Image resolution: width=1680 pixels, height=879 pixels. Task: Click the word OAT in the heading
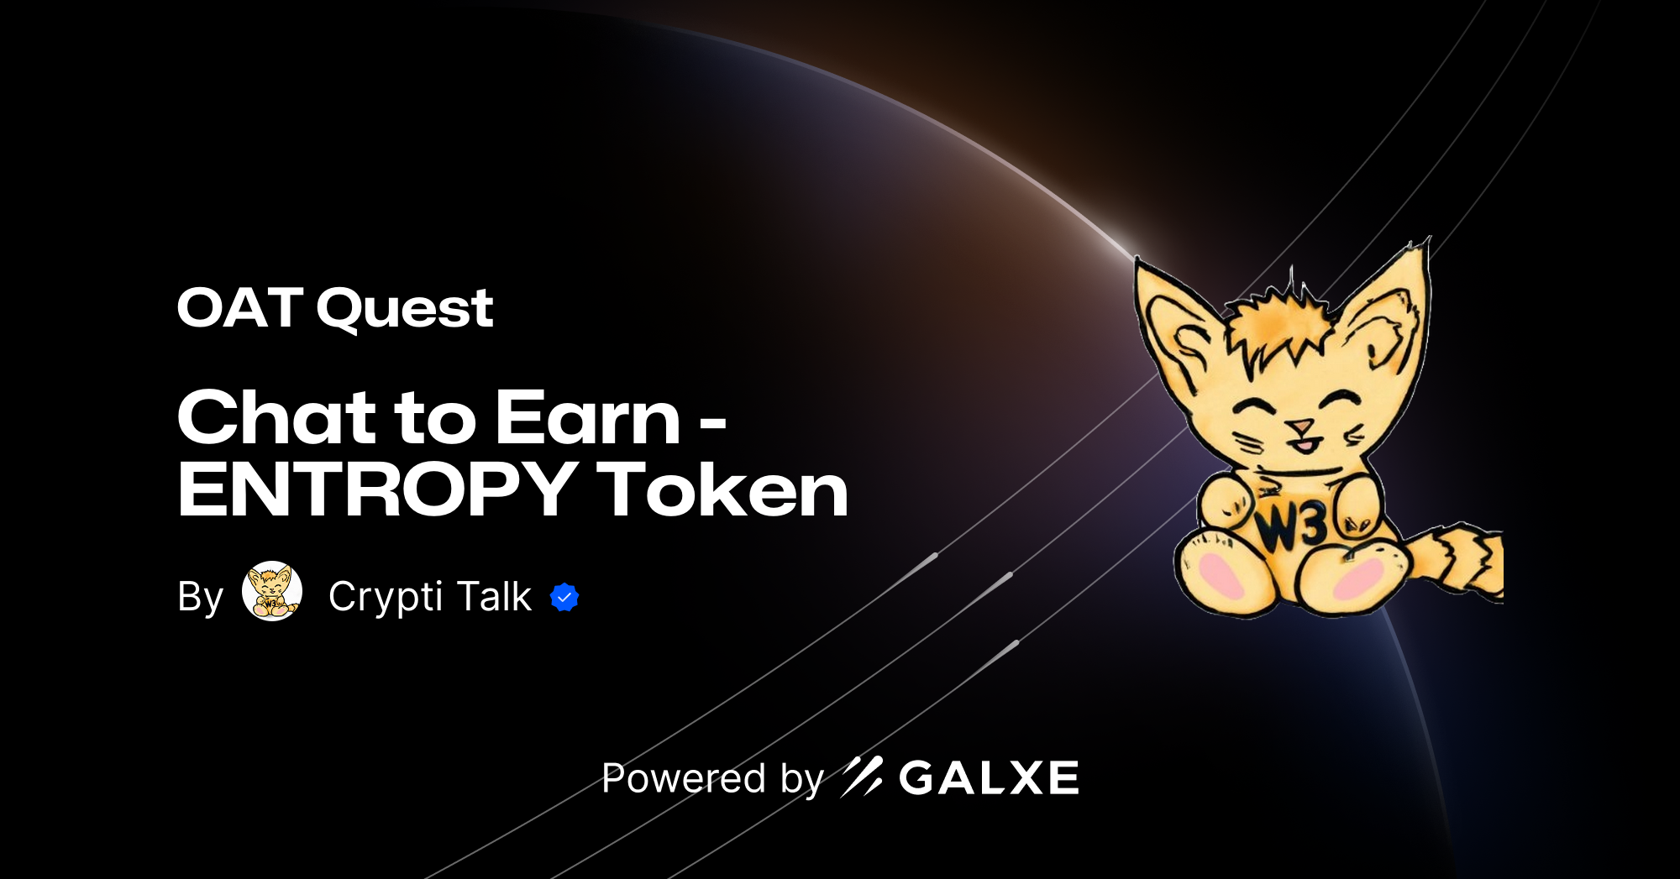[x=239, y=308]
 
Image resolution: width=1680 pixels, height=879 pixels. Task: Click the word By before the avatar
[x=200, y=597]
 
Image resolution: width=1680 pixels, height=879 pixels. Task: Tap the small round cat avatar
[x=272, y=591]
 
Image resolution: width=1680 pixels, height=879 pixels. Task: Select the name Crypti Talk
[x=429, y=597]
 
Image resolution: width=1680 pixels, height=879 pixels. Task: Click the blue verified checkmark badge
[x=564, y=597]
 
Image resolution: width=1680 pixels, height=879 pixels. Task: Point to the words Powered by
[x=712, y=778]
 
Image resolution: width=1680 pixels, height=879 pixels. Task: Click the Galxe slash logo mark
[x=862, y=777]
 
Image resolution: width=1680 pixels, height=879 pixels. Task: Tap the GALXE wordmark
[x=989, y=778]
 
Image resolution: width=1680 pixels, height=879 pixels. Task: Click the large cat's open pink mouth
[x=1303, y=443]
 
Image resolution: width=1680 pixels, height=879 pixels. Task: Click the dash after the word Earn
[x=712, y=426]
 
